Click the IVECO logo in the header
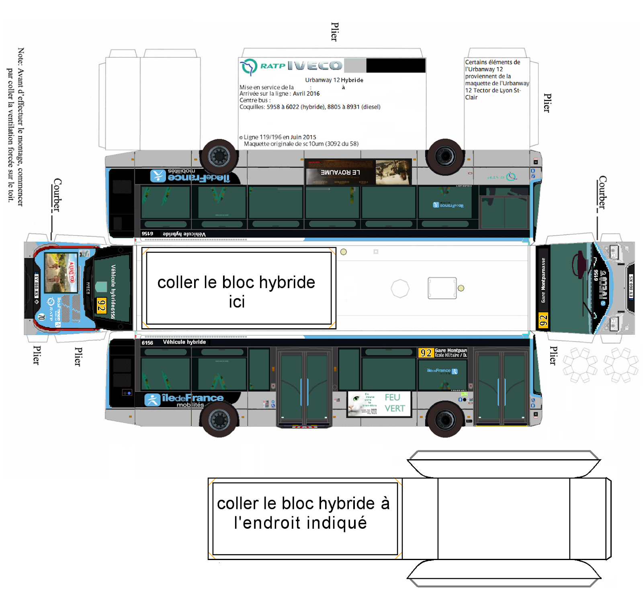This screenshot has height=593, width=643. (x=315, y=65)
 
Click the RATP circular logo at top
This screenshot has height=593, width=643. (x=249, y=66)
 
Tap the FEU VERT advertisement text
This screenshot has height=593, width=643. (x=394, y=403)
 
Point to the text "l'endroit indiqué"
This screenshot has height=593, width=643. (x=300, y=523)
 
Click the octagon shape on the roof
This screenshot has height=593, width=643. (x=400, y=288)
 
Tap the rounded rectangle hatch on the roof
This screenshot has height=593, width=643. (x=442, y=288)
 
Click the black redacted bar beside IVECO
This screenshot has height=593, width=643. (x=396, y=65)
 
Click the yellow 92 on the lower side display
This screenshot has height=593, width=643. (x=426, y=353)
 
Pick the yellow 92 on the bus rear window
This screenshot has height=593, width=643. (x=101, y=306)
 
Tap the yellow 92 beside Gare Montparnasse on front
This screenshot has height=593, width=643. (x=543, y=321)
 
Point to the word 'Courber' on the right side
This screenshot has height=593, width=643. (x=602, y=192)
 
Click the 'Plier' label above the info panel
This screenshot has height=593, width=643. (x=334, y=32)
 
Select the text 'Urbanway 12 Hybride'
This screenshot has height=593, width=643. (x=334, y=80)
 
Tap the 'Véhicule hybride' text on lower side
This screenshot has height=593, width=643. (x=184, y=342)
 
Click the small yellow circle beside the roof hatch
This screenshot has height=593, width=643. (x=461, y=288)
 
